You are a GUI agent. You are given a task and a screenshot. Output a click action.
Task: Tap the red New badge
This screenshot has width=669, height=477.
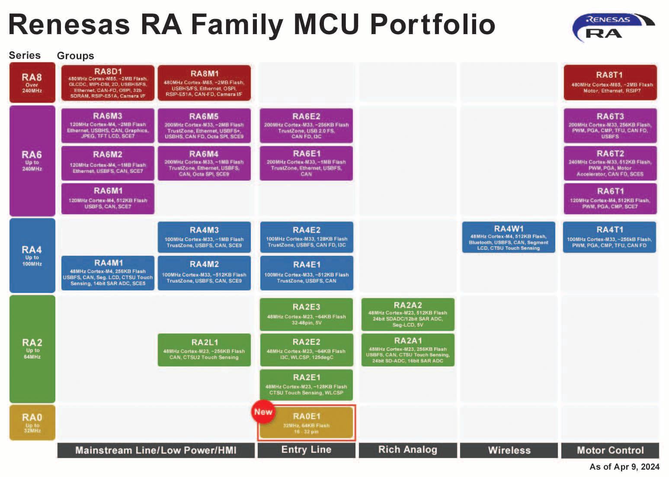pyautogui.click(x=263, y=412)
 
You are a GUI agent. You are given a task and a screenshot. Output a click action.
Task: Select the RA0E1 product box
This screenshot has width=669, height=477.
pyautogui.click(x=307, y=423)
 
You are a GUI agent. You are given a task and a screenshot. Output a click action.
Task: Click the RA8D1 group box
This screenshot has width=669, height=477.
pyautogui.click(x=108, y=83)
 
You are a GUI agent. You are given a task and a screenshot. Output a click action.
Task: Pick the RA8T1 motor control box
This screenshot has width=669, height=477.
pyautogui.click(x=610, y=83)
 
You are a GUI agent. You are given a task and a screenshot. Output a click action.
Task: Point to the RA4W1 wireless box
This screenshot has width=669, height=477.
pyautogui.click(x=509, y=237)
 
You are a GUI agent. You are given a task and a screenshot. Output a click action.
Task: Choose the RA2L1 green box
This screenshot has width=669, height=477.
pyautogui.click(x=204, y=350)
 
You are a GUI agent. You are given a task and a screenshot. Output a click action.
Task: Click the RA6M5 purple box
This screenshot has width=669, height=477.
pyautogui.click(x=204, y=126)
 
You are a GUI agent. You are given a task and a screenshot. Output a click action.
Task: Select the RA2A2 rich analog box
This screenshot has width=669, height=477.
pyautogui.click(x=408, y=315)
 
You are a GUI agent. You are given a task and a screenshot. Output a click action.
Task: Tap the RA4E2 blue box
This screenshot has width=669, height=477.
pyautogui.click(x=307, y=237)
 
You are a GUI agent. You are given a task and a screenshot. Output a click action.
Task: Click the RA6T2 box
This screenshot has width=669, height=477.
pyautogui.click(x=610, y=163)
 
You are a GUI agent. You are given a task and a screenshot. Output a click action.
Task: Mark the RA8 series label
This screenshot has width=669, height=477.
pyautogui.click(x=32, y=83)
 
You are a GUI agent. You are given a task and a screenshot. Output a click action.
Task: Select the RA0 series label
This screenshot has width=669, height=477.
pyautogui.click(x=32, y=422)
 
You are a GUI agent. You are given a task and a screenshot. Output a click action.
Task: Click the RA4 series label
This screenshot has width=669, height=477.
pyautogui.click(x=32, y=255)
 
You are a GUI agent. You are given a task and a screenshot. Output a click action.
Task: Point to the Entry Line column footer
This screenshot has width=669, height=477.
pyautogui.click(x=307, y=450)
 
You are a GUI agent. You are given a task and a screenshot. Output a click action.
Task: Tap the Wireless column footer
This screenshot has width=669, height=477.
pyautogui.click(x=509, y=450)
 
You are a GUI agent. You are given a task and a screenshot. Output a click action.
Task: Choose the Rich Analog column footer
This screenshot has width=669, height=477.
pyautogui.click(x=408, y=450)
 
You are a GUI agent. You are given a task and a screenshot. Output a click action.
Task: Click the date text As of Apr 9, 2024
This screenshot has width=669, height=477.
pyautogui.click(x=624, y=467)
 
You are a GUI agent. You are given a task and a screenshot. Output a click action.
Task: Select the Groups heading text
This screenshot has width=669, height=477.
pyautogui.click(x=75, y=56)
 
